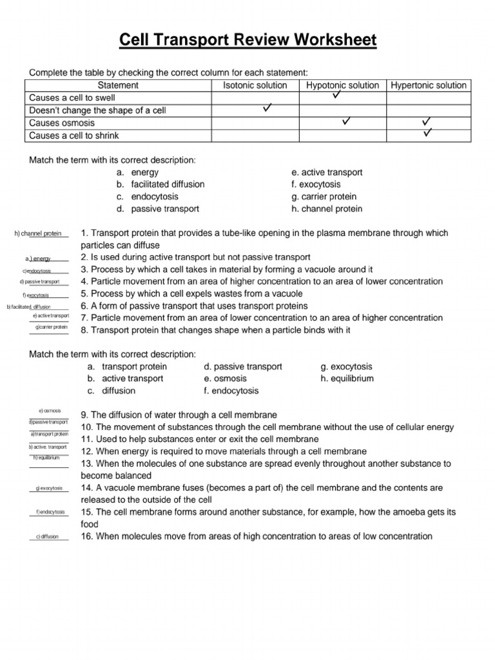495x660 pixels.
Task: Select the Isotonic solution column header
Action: click(255, 85)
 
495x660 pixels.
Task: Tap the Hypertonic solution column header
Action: click(429, 85)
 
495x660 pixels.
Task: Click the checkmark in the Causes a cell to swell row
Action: click(336, 95)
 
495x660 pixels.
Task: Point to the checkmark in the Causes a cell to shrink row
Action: click(427, 133)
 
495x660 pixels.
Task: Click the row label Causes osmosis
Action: click(62, 123)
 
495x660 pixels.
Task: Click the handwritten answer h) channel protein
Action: click(38, 233)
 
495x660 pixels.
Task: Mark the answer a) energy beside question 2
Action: click(38, 258)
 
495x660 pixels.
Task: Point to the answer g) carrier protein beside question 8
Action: click(52, 327)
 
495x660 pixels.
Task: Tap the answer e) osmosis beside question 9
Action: click(50, 410)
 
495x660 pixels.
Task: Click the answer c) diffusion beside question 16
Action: click(48, 536)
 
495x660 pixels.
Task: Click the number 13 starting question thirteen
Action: click(87, 464)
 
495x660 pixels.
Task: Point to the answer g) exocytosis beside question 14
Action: click(50, 489)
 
